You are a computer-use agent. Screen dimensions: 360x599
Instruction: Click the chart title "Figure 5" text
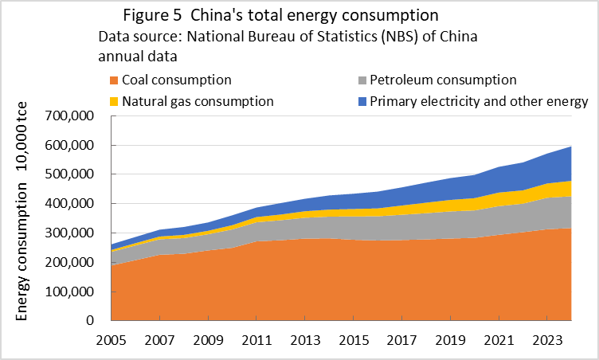click(x=152, y=17)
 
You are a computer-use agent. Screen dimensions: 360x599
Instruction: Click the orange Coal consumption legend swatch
click(x=115, y=80)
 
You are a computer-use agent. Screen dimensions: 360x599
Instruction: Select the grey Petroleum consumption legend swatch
click(x=362, y=80)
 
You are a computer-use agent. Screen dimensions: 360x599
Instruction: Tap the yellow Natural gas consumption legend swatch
click(x=115, y=101)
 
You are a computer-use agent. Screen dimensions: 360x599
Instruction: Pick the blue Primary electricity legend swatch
click(x=362, y=101)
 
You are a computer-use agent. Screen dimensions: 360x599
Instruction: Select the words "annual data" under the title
click(x=136, y=56)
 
